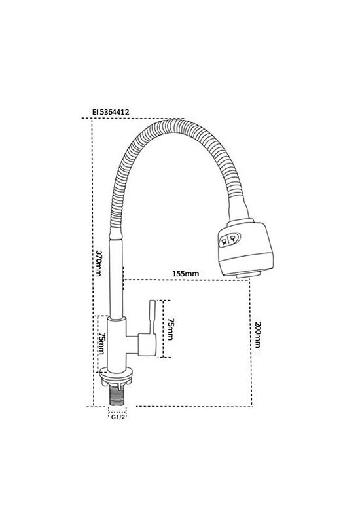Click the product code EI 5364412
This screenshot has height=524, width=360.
111,112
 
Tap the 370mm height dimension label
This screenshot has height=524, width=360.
99,263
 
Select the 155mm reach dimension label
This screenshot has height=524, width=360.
185,274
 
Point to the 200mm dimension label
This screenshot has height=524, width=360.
257,335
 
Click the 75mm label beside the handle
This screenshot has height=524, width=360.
170,329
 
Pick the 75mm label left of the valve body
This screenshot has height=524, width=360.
101,343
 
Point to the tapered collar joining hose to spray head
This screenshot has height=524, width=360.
238,209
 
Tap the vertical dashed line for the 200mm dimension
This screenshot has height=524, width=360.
251,343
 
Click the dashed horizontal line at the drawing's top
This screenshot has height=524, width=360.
133,118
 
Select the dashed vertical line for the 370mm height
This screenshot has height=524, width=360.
92,263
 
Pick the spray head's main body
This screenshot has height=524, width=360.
246,248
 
